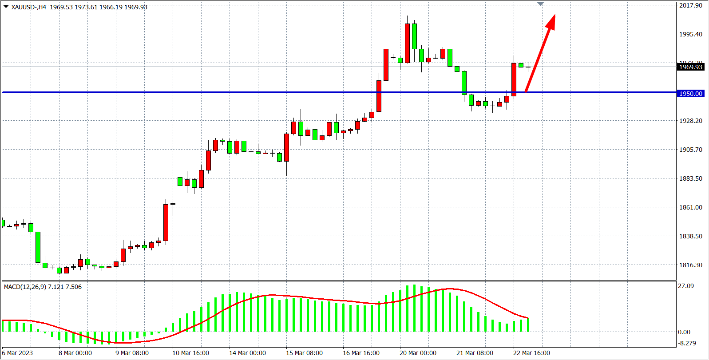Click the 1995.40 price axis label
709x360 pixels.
[x=690, y=34]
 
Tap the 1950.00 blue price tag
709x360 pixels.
[x=690, y=94]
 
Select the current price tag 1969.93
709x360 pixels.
[x=690, y=67]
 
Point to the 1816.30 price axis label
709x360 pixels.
[x=690, y=265]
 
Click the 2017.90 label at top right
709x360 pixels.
[x=690, y=5]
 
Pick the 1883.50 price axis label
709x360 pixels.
[x=690, y=178]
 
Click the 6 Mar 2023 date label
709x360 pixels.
[x=18, y=353]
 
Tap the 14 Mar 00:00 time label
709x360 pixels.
[x=247, y=353]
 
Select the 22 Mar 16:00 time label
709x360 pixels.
[x=531, y=353]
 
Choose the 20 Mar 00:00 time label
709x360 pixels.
[x=418, y=353]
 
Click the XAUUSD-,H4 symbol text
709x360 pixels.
[x=28, y=7]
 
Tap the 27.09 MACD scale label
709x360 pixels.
[x=685, y=286]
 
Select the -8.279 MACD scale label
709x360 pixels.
[x=687, y=343]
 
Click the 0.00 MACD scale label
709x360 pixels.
[x=684, y=332]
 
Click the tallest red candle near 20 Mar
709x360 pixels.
[x=407, y=43]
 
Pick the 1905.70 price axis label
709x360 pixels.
[x=690, y=150]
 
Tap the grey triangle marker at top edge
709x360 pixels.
[x=540, y=4]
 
